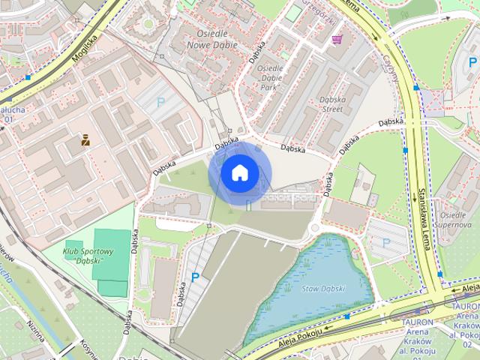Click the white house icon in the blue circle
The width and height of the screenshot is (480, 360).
239,173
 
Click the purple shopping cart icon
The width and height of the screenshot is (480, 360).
337,39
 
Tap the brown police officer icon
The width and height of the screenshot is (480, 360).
85,139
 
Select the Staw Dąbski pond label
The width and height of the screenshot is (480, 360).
323,289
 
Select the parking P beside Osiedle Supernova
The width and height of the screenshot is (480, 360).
386,242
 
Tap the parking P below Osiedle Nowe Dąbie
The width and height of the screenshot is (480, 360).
159,106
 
